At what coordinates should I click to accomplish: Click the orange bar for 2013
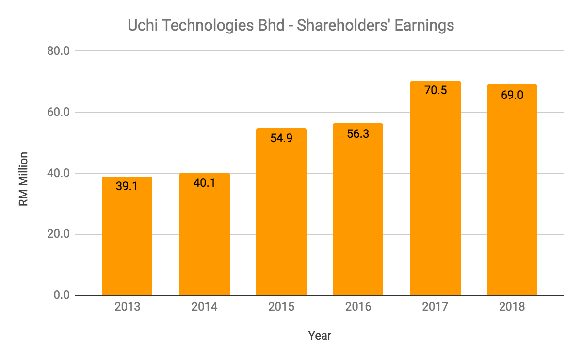tap(127, 238)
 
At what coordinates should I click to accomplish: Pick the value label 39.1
tap(127, 186)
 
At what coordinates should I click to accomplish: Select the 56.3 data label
tap(358, 133)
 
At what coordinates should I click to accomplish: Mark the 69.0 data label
tap(512, 94)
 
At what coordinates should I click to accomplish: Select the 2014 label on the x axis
tap(204, 307)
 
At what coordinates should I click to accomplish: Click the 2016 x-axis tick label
tap(358, 307)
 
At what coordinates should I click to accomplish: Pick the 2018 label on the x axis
tap(512, 307)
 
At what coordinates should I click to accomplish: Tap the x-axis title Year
tap(320, 335)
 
